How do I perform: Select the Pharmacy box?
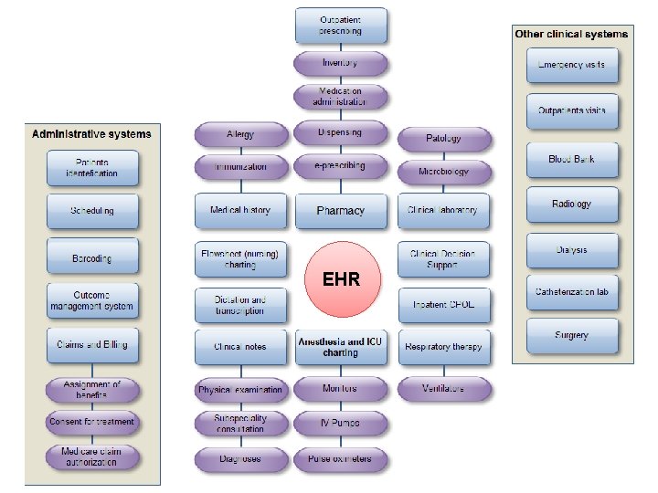tap(340, 211)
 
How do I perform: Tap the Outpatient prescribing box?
tap(340, 26)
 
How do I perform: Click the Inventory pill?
tap(340, 64)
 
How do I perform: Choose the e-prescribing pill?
tap(340, 166)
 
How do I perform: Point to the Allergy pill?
tap(240, 134)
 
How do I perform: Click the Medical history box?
tap(240, 211)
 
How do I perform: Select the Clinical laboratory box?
tap(443, 211)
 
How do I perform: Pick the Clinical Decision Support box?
tap(443, 258)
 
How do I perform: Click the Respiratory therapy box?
tap(443, 347)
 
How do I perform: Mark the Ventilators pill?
tap(443, 388)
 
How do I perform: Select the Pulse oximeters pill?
tap(340, 458)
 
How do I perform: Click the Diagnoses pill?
tap(240, 458)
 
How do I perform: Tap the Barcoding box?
tap(92, 258)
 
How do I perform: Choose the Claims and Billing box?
tap(92, 345)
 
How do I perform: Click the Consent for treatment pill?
tap(92, 422)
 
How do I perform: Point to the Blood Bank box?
tap(572, 160)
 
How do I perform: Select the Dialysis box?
tap(572, 250)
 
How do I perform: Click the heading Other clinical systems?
tap(571, 34)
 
